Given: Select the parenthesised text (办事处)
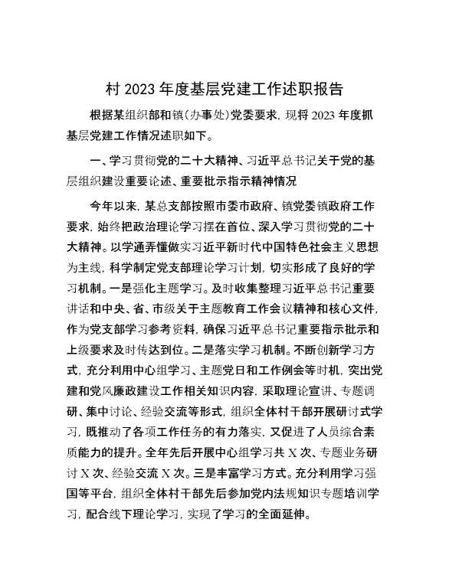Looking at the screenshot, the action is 229,116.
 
